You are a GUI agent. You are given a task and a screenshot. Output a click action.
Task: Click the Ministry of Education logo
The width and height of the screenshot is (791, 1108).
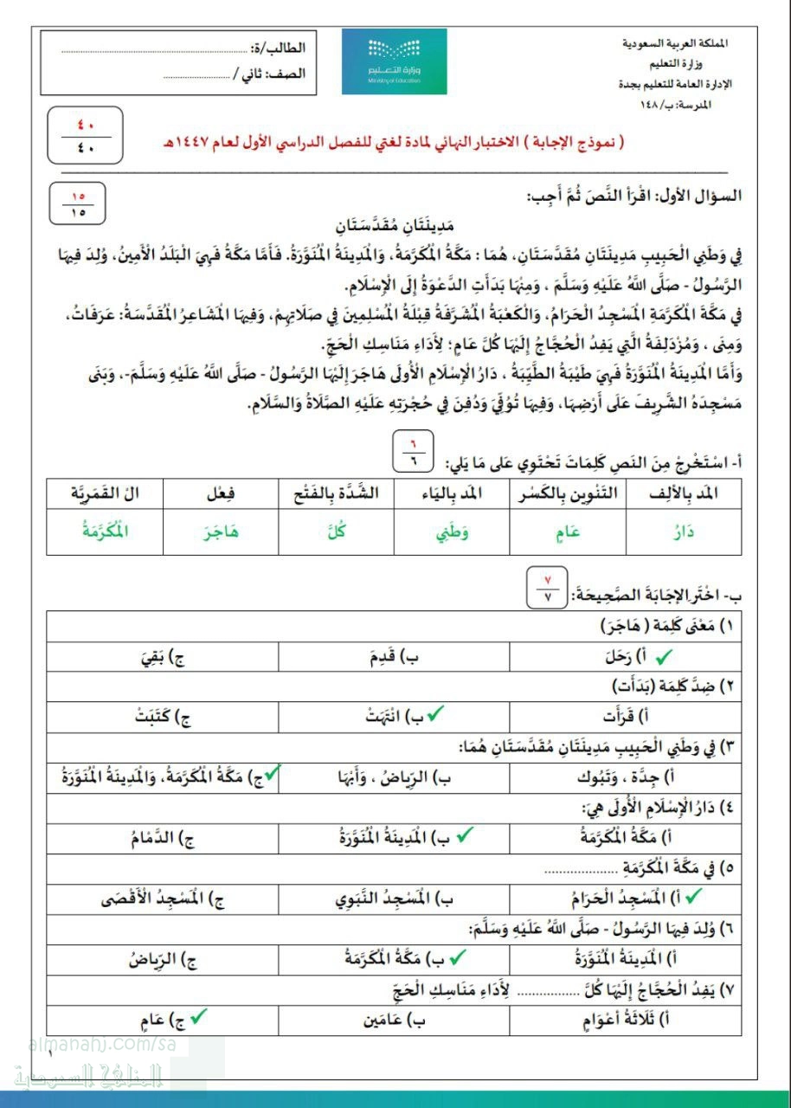tap(394, 61)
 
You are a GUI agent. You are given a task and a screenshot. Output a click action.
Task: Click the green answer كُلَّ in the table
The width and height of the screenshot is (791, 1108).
tap(336, 532)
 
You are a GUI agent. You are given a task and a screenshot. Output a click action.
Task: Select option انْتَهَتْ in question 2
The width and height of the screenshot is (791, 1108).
tap(387, 716)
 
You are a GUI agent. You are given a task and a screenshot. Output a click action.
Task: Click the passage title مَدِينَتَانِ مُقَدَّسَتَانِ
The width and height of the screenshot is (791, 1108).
tap(394, 227)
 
